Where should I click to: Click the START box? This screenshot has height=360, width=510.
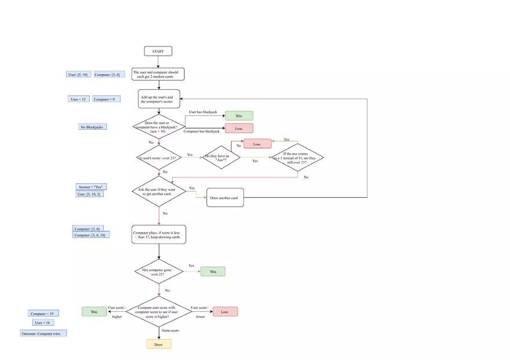[x=158, y=51]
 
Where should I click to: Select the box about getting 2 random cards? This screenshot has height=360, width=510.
[x=158, y=74]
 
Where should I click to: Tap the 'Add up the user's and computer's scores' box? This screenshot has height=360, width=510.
[x=158, y=99]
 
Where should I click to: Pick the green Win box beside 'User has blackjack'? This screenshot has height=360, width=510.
[x=239, y=116]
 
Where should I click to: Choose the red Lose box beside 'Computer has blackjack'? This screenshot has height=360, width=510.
[x=239, y=129]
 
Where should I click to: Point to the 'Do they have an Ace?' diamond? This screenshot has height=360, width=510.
[x=221, y=157]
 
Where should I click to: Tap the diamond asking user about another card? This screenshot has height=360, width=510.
[x=158, y=191]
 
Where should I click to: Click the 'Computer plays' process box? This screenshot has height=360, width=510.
[x=158, y=234]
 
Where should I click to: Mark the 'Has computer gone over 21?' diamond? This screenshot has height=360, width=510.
[x=158, y=271]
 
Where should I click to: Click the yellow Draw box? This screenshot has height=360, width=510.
[x=158, y=344]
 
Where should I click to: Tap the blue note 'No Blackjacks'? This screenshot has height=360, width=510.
[x=93, y=126]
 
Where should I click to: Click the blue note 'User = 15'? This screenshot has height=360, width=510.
[x=78, y=99]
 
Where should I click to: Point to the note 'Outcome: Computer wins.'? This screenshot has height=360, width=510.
[x=43, y=333]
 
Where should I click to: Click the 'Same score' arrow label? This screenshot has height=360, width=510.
[x=170, y=330]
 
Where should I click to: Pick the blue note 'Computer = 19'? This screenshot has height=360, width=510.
[x=42, y=314]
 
